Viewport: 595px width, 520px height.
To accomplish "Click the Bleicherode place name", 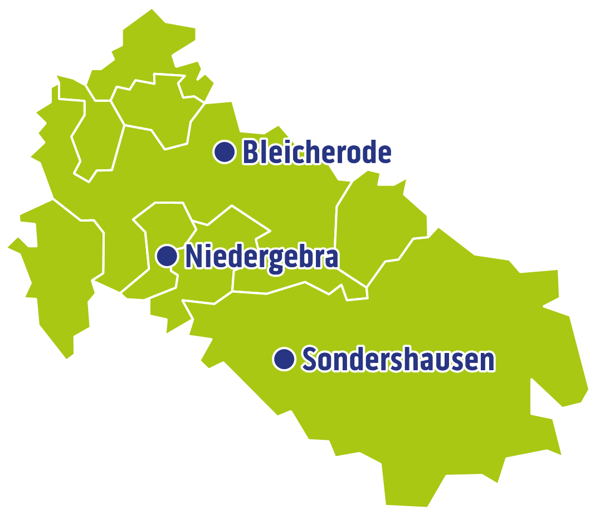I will click(x=316, y=152).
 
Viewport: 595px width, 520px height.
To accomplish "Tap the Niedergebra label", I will click(x=261, y=257).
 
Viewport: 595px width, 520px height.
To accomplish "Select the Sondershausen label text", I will click(x=398, y=360).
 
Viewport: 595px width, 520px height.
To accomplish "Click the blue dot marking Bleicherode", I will click(x=225, y=152).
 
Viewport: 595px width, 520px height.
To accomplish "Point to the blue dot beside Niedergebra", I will click(x=167, y=256).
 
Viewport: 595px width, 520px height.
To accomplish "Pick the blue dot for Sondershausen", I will click(x=284, y=359).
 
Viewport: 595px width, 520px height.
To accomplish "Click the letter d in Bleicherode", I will click(x=368, y=152).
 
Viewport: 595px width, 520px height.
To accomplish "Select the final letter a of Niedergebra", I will click(x=331, y=258).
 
